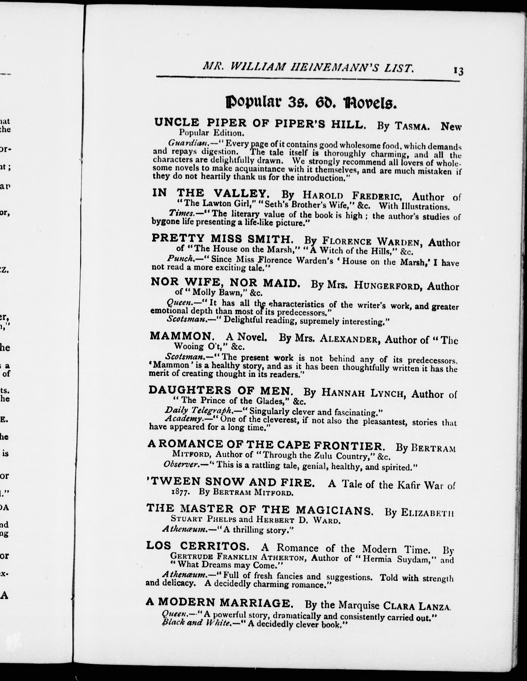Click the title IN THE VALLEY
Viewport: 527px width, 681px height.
coord(211,193)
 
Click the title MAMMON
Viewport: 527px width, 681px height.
coord(180,336)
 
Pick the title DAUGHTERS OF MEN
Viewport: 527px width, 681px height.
coord(221,390)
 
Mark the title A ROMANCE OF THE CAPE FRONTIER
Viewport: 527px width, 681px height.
coord(265,444)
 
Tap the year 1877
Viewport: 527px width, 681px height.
coord(181,492)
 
